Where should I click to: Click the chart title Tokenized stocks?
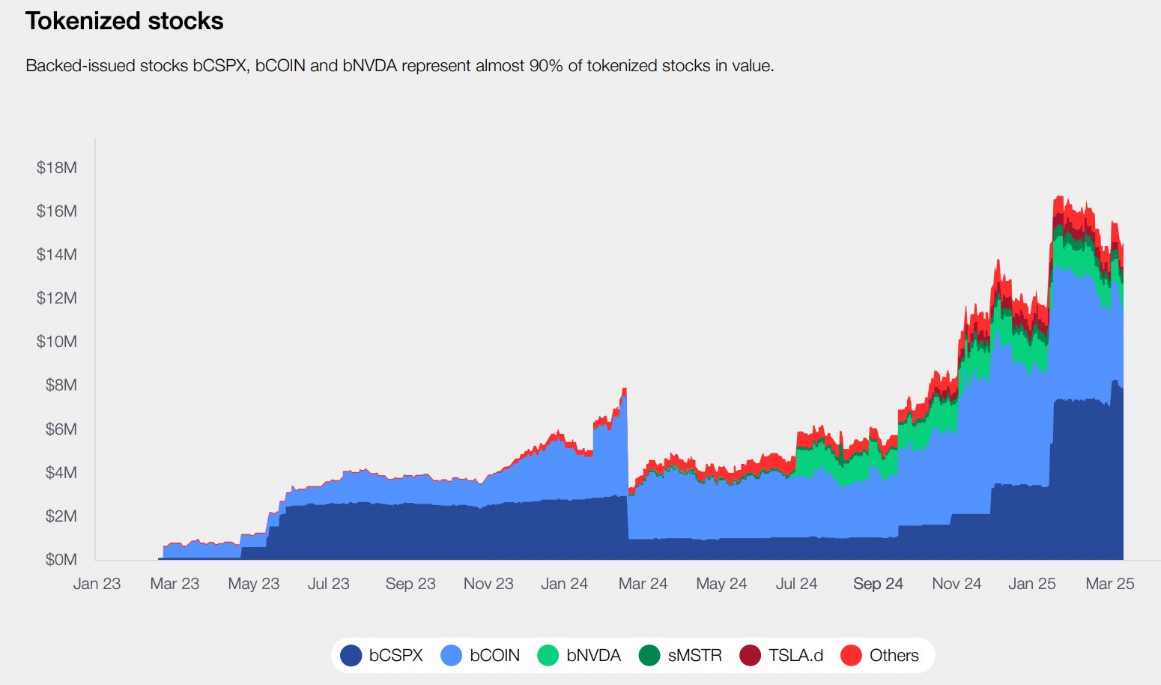point(124,21)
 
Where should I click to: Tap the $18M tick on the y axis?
point(56,167)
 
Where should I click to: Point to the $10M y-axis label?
point(56,341)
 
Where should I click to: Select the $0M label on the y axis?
point(61,560)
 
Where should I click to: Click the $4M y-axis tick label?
point(61,472)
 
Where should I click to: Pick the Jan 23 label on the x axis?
point(97,584)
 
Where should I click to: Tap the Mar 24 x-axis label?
point(643,584)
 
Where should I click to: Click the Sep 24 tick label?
point(878,584)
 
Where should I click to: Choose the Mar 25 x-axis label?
point(1109,584)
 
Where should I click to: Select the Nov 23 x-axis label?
point(488,584)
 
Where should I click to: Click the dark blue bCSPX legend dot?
point(351,656)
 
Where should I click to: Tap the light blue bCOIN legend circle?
point(451,656)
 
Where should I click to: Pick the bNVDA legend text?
point(593,656)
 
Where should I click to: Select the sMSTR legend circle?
point(649,656)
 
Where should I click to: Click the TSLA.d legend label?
point(795,656)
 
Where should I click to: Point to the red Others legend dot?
point(851,656)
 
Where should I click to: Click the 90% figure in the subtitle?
point(546,66)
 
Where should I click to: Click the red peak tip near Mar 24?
point(625,388)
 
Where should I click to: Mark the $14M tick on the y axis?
point(56,255)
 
